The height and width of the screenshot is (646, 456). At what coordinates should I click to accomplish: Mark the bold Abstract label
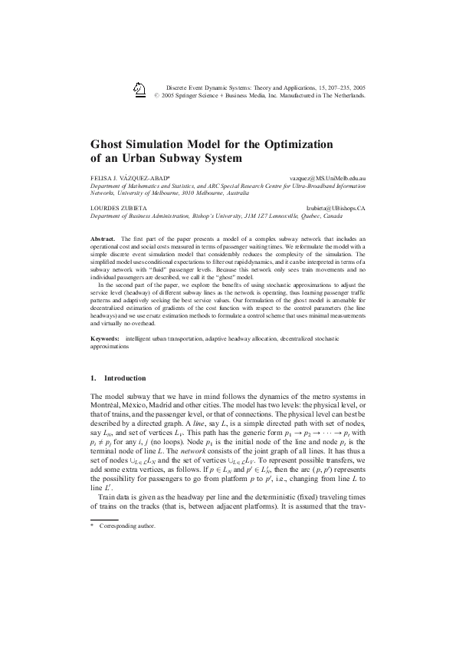coord(103,240)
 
